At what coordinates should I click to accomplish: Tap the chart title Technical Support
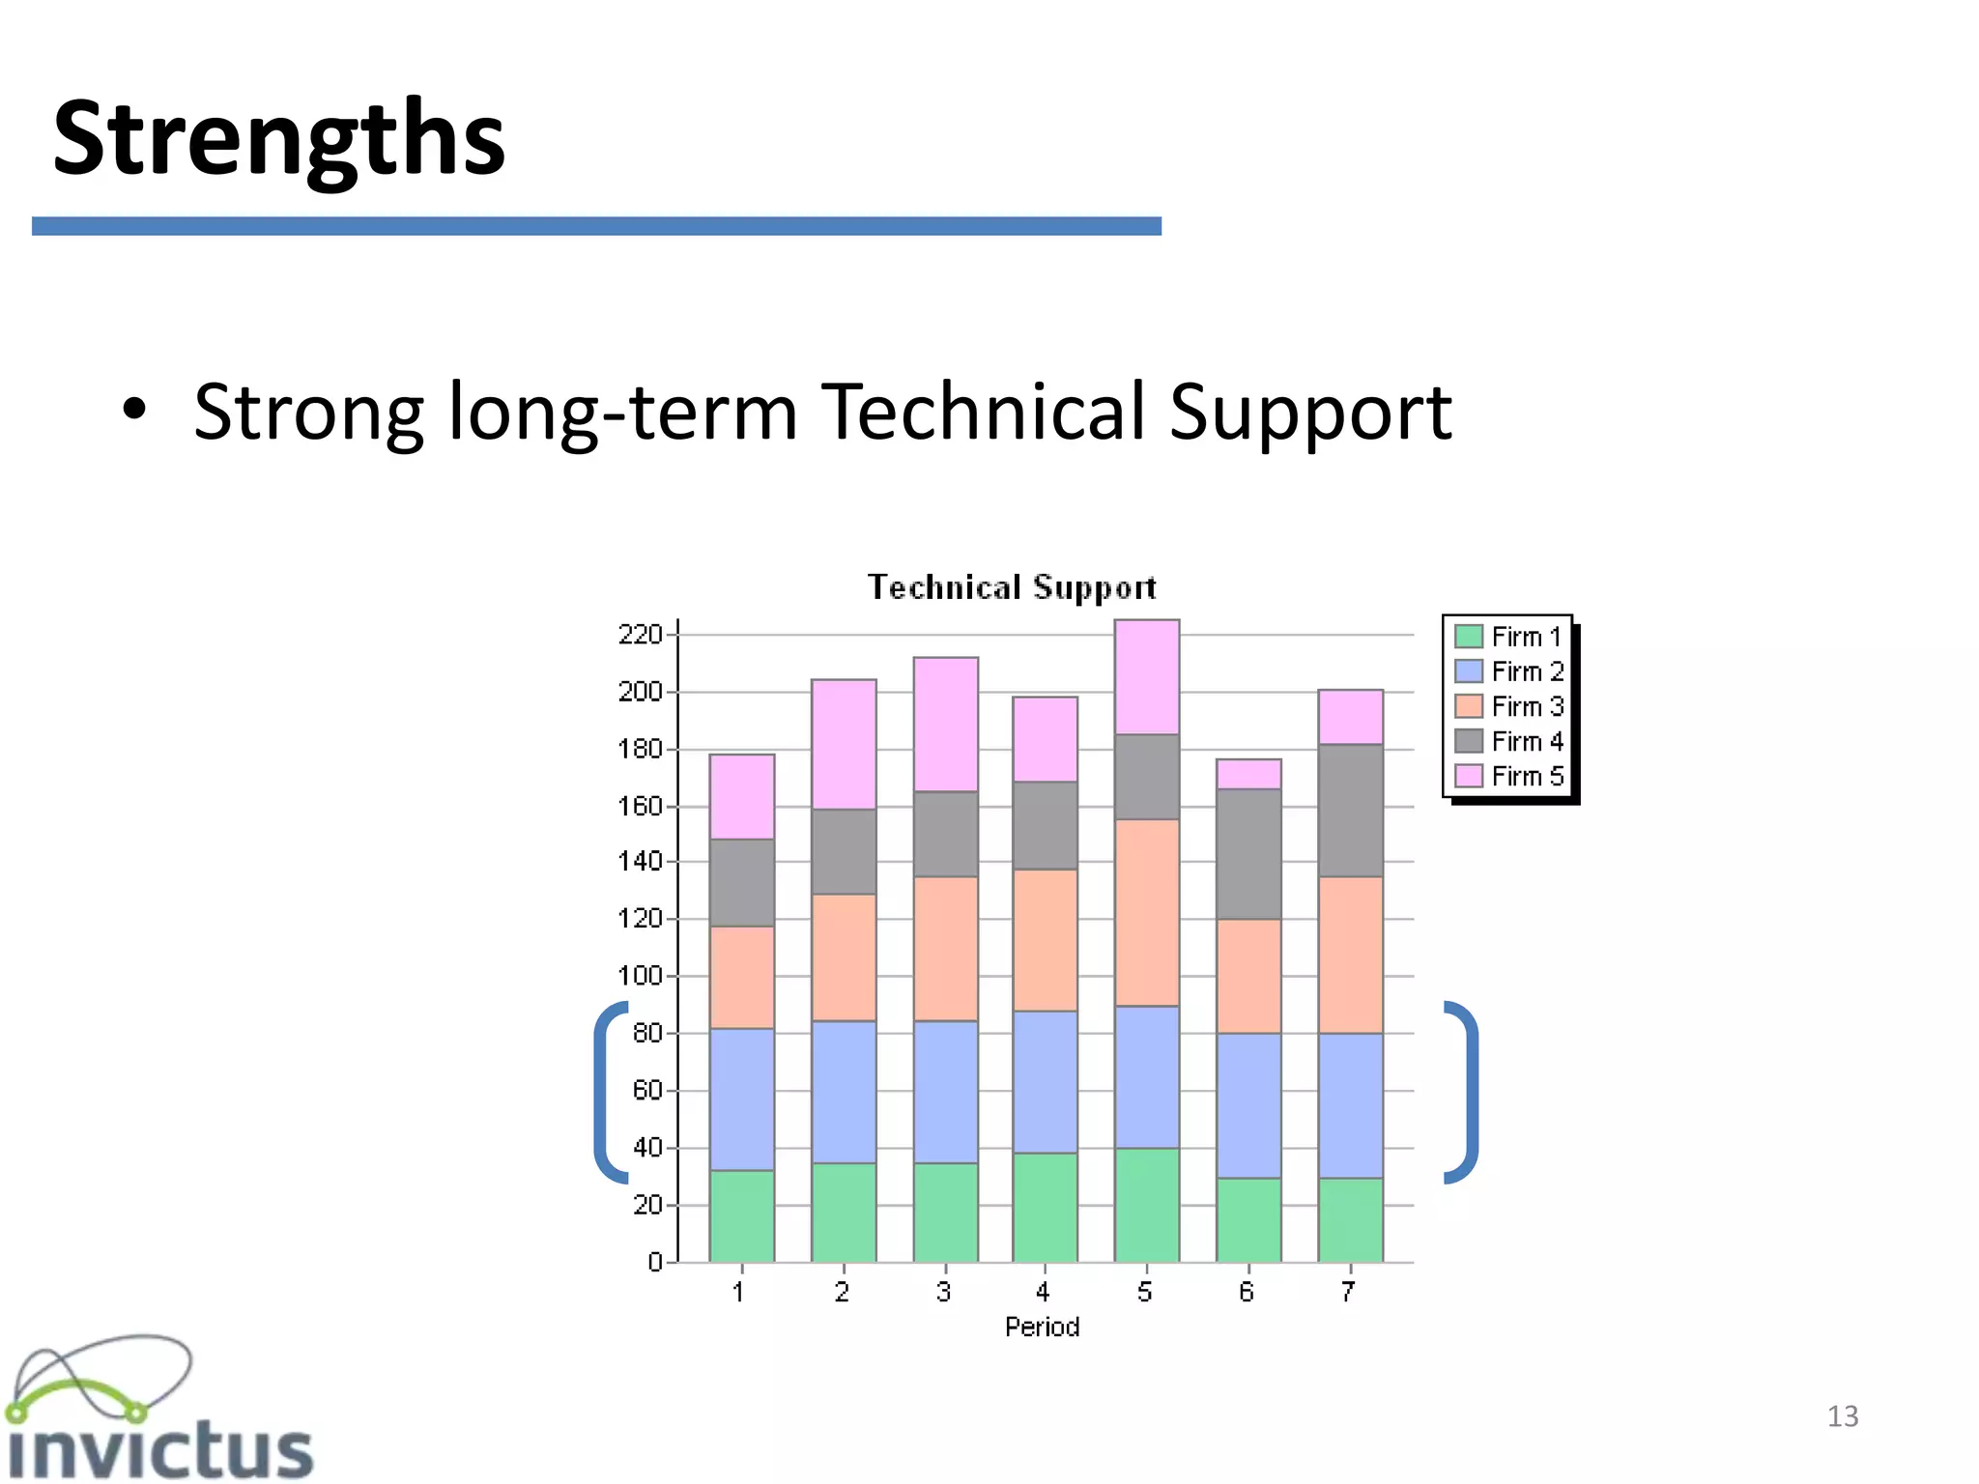(1011, 587)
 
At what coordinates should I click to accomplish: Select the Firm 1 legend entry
(1508, 637)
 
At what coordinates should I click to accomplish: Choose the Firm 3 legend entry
(1508, 706)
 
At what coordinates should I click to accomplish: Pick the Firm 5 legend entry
(1508, 776)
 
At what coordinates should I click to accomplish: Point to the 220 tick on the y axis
(640, 635)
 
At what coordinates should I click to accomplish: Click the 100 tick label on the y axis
(640, 976)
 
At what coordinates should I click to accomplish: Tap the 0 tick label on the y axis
(655, 1262)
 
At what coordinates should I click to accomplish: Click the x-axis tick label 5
(1145, 1292)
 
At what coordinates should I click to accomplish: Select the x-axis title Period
(1042, 1327)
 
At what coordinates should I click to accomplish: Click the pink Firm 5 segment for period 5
(1147, 676)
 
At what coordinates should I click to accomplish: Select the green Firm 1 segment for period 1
(741, 1215)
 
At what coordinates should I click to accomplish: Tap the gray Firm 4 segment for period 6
(1248, 853)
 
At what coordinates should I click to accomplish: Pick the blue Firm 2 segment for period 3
(945, 1092)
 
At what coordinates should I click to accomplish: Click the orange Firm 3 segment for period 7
(1350, 955)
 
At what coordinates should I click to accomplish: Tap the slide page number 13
(1842, 1416)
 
